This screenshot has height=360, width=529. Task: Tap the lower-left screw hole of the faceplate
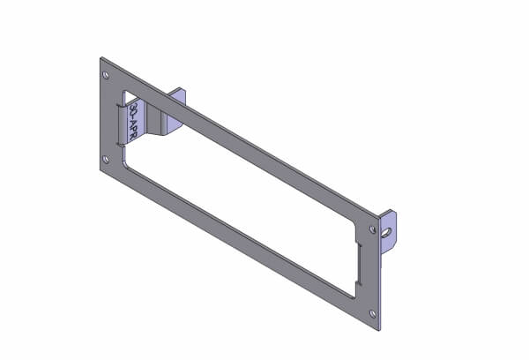[x=106, y=160]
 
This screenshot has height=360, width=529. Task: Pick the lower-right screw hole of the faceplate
[x=373, y=313]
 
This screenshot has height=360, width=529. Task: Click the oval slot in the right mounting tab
[x=388, y=231]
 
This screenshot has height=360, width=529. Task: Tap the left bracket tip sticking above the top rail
[x=177, y=94]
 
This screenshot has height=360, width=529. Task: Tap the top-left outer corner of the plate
[x=101, y=58]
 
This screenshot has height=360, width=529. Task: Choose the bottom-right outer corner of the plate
[x=381, y=329]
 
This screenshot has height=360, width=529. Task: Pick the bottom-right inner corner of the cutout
[x=354, y=295]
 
